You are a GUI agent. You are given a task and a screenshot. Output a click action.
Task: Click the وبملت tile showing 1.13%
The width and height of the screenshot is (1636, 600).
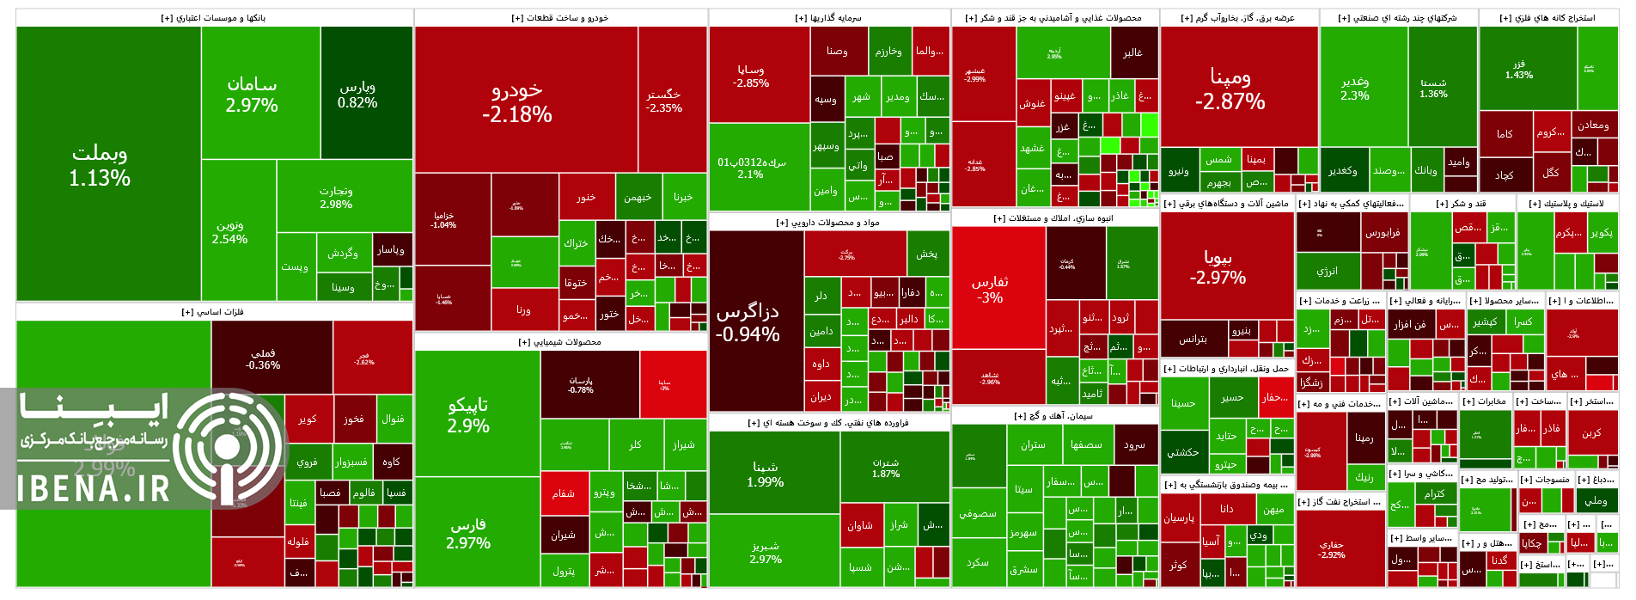pos(100,165)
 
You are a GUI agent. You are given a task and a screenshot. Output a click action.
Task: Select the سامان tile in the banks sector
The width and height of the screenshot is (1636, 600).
pos(252,94)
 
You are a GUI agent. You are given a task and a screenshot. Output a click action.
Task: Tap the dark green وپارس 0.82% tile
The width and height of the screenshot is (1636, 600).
pos(357,94)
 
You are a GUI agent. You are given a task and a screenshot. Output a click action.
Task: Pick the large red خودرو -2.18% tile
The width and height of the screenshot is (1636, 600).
pos(517,101)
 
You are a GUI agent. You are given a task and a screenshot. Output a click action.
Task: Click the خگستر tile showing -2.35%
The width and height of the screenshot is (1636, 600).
pos(664,101)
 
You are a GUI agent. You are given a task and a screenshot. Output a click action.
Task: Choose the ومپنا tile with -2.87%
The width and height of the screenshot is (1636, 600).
pos(1230,89)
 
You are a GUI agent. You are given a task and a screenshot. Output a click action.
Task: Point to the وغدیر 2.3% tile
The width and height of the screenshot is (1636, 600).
pos(1355,88)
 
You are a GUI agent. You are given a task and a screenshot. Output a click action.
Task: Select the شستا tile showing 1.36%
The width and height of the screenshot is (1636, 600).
pos(1433,88)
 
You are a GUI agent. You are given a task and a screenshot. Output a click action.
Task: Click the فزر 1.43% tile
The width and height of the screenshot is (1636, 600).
pos(1519,69)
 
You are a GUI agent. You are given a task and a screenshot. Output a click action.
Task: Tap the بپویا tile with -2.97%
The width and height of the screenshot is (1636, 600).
pos(1218,266)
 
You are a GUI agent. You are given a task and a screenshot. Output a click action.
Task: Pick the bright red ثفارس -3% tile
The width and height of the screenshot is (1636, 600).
pos(990,289)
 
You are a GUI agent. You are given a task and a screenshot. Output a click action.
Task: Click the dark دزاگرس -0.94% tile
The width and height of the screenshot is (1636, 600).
pos(748,322)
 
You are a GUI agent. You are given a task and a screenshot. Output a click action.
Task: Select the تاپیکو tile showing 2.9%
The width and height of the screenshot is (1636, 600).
pos(468,414)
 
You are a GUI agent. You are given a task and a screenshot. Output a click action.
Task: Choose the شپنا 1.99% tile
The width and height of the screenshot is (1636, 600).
pos(765,474)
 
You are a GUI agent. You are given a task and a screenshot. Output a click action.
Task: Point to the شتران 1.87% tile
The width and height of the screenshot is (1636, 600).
pos(886,468)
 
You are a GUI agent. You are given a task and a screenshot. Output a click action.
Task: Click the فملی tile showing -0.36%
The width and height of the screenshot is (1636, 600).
pos(263,358)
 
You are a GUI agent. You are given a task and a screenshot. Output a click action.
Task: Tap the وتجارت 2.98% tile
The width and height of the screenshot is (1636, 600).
pos(336,197)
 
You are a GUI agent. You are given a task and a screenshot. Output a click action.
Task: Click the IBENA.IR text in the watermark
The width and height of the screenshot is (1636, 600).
pos(94,489)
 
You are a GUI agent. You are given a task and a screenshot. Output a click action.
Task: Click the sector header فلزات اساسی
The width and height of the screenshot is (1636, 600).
pos(212,312)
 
